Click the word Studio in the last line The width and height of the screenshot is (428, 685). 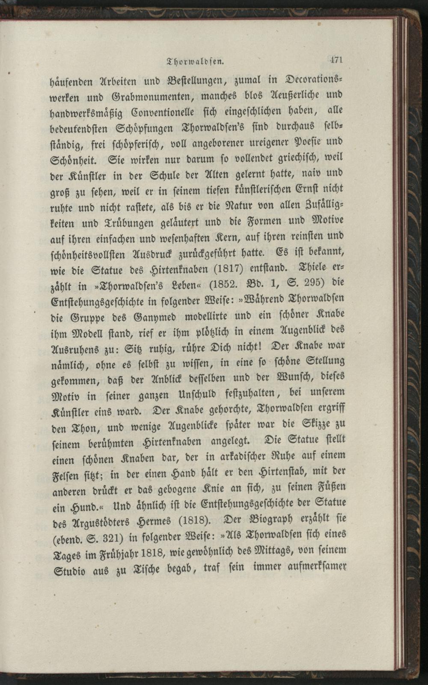(x=71, y=571)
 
